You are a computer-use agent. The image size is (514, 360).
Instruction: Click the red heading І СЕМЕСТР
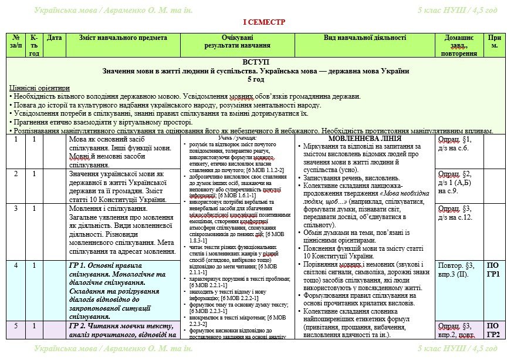(x=256, y=22)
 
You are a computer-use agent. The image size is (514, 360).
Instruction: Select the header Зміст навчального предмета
(x=123, y=38)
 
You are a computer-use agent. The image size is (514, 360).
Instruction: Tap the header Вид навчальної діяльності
(x=364, y=38)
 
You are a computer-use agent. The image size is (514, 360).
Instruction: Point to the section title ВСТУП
(x=256, y=62)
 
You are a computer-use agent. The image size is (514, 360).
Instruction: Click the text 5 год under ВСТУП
(x=256, y=79)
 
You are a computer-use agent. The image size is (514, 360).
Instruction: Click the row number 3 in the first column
(x=16, y=208)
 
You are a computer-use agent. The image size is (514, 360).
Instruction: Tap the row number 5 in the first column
(x=16, y=326)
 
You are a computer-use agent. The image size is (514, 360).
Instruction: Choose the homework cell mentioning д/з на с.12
(x=459, y=213)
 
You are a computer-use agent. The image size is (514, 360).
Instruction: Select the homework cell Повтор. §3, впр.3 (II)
(x=459, y=270)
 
